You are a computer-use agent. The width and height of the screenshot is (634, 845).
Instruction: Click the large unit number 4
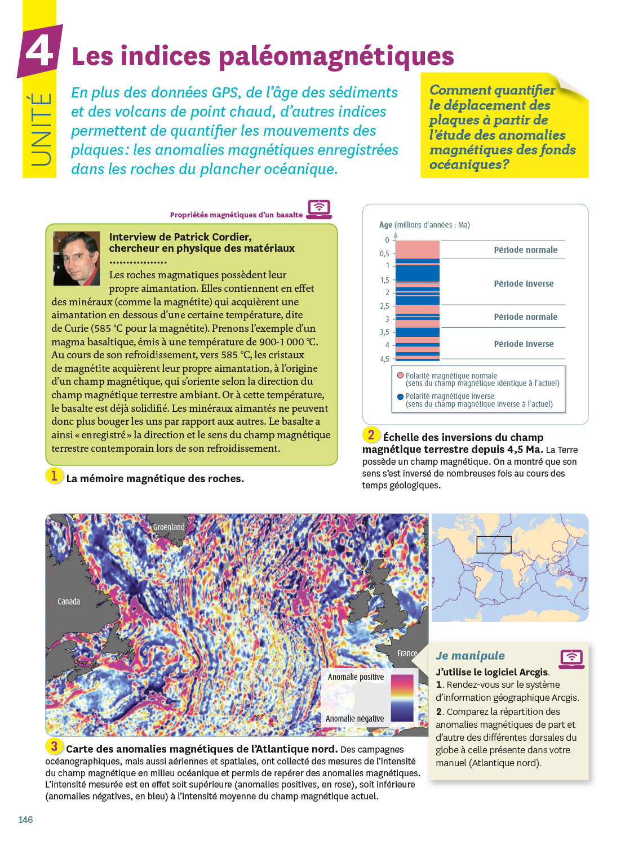pyautogui.click(x=39, y=51)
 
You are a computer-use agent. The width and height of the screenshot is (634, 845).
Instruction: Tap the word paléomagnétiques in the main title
pyautogui.click(x=336, y=56)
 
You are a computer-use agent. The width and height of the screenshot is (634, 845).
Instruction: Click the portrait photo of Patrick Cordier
pyautogui.click(x=76, y=258)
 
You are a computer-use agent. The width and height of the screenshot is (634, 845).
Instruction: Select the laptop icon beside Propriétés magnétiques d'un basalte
pyautogui.click(x=319, y=209)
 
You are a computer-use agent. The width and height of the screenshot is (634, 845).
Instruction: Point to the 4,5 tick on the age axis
pyautogui.click(x=384, y=359)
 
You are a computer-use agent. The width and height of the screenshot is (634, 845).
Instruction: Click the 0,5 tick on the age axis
pyautogui.click(x=384, y=253)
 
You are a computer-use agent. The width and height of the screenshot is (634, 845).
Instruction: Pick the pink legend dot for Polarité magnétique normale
pyautogui.click(x=400, y=375)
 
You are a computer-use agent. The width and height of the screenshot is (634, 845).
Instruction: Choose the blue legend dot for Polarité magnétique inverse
pyautogui.click(x=400, y=396)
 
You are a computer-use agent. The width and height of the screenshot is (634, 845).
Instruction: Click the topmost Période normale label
pyautogui.click(x=525, y=250)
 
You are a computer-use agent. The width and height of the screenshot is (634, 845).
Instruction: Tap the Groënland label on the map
pyautogui.click(x=169, y=527)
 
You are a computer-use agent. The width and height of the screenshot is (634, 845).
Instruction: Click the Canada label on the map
pyautogui.click(x=69, y=602)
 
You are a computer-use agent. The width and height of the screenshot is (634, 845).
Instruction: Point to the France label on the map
pyautogui.click(x=407, y=653)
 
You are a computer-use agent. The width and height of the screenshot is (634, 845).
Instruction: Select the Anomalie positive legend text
pyautogui.click(x=356, y=677)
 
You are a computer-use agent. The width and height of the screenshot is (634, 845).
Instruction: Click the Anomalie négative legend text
pyautogui.click(x=354, y=719)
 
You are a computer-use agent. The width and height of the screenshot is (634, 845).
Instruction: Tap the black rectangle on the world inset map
pyautogui.click(x=494, y=545)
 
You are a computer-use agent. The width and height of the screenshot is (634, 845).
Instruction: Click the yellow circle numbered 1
pyautogui.click(x=54, y=476)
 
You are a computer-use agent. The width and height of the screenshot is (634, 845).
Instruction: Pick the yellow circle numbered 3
pyautogui.click(x=54, y=746)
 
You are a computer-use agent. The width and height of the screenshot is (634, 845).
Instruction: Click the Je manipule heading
pyautogui.click(x=470, y=656)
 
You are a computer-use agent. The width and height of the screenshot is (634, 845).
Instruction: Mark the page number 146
pyautogui.click(x=26, y=820)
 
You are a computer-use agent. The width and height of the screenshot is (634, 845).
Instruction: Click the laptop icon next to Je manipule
pyautogui.click(x=571, y=659)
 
